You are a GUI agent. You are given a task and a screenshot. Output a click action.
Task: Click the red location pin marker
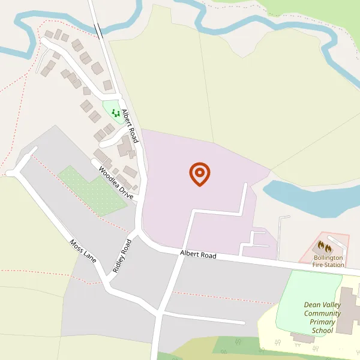point(200,173)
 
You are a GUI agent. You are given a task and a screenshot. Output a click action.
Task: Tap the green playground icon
point(115,112)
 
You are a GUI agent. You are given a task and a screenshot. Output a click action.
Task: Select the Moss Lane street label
point(83,251)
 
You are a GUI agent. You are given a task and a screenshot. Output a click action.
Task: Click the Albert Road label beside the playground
point(130,125)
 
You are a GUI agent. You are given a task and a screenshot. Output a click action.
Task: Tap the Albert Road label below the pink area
point(198,255)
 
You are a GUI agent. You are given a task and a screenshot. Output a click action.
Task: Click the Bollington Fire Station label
point(328,260)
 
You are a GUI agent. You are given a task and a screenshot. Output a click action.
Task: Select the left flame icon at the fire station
point(321,245)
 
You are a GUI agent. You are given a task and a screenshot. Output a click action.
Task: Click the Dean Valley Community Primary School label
point(322,317)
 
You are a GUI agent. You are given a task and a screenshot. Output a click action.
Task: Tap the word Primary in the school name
point(322,322)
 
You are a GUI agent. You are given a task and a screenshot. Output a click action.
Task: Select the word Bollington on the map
point(328,257)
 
